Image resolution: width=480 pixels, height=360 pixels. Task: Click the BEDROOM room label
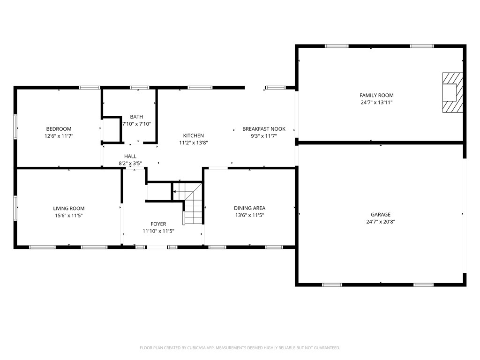point(59,129)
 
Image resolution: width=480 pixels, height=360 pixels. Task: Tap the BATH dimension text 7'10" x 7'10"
point(136,124)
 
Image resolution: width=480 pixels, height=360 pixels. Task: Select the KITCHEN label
point(194,135)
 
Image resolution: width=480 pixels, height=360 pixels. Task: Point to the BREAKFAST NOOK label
point(264,129)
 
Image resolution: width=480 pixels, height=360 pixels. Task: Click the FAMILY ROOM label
point(376,95)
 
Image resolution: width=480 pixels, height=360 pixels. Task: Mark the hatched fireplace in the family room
point(453,92)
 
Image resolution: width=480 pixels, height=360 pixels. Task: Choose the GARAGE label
point(381,215)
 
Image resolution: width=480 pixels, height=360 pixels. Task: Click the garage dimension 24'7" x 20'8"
point(381,222)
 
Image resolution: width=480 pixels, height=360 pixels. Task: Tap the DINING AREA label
point(249,208)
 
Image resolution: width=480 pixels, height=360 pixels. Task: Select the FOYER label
point(158,224)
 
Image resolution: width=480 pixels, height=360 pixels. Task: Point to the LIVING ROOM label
point(68,209)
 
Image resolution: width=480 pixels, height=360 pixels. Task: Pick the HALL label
point(130,157)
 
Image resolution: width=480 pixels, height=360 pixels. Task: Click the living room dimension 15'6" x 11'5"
point(68,216)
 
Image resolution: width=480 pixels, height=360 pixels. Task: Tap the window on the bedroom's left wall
point(15,127)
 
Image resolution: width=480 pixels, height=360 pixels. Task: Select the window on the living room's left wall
point(15,208)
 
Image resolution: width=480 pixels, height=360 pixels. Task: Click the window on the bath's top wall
point(140,88)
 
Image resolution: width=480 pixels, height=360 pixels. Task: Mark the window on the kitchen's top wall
point(200,88)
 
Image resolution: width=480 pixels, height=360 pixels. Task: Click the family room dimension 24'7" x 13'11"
point(376,102)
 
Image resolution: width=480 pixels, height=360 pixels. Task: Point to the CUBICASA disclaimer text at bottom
point(240,348)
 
